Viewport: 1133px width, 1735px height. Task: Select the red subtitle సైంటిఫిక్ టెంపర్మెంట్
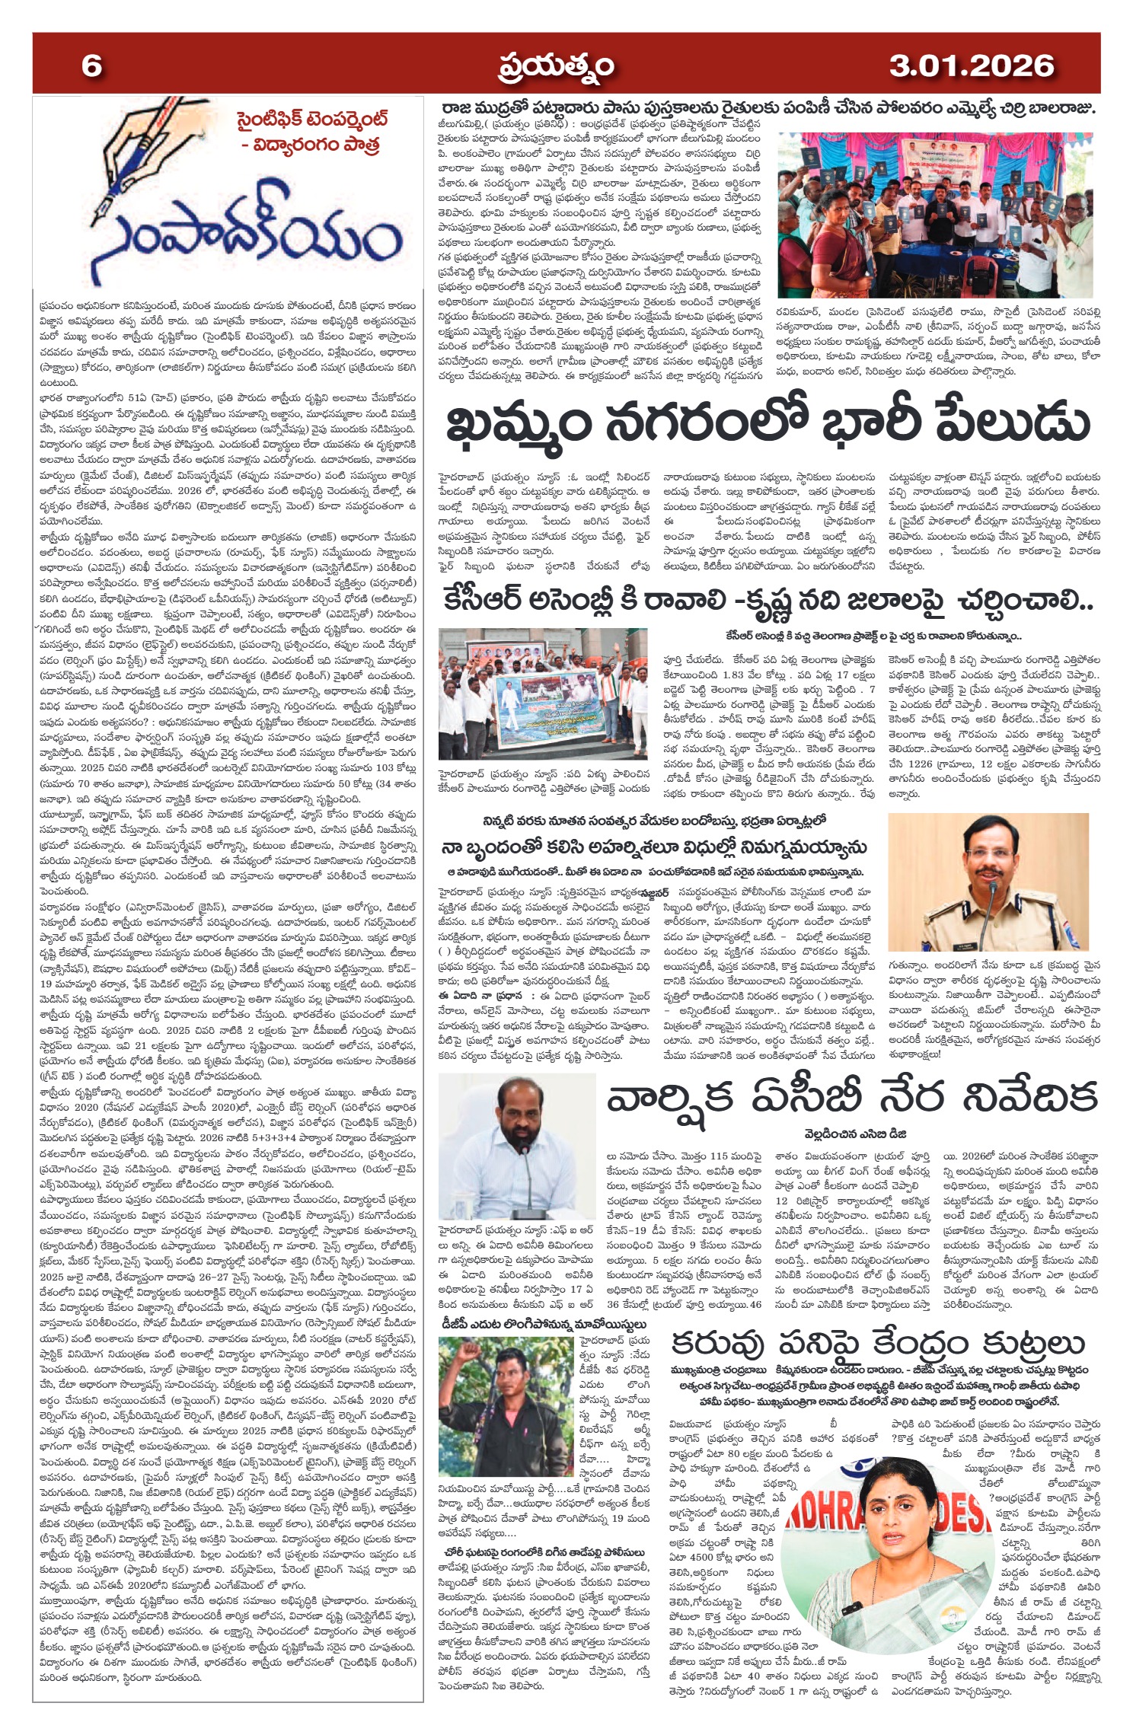click(x=311, y=120)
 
